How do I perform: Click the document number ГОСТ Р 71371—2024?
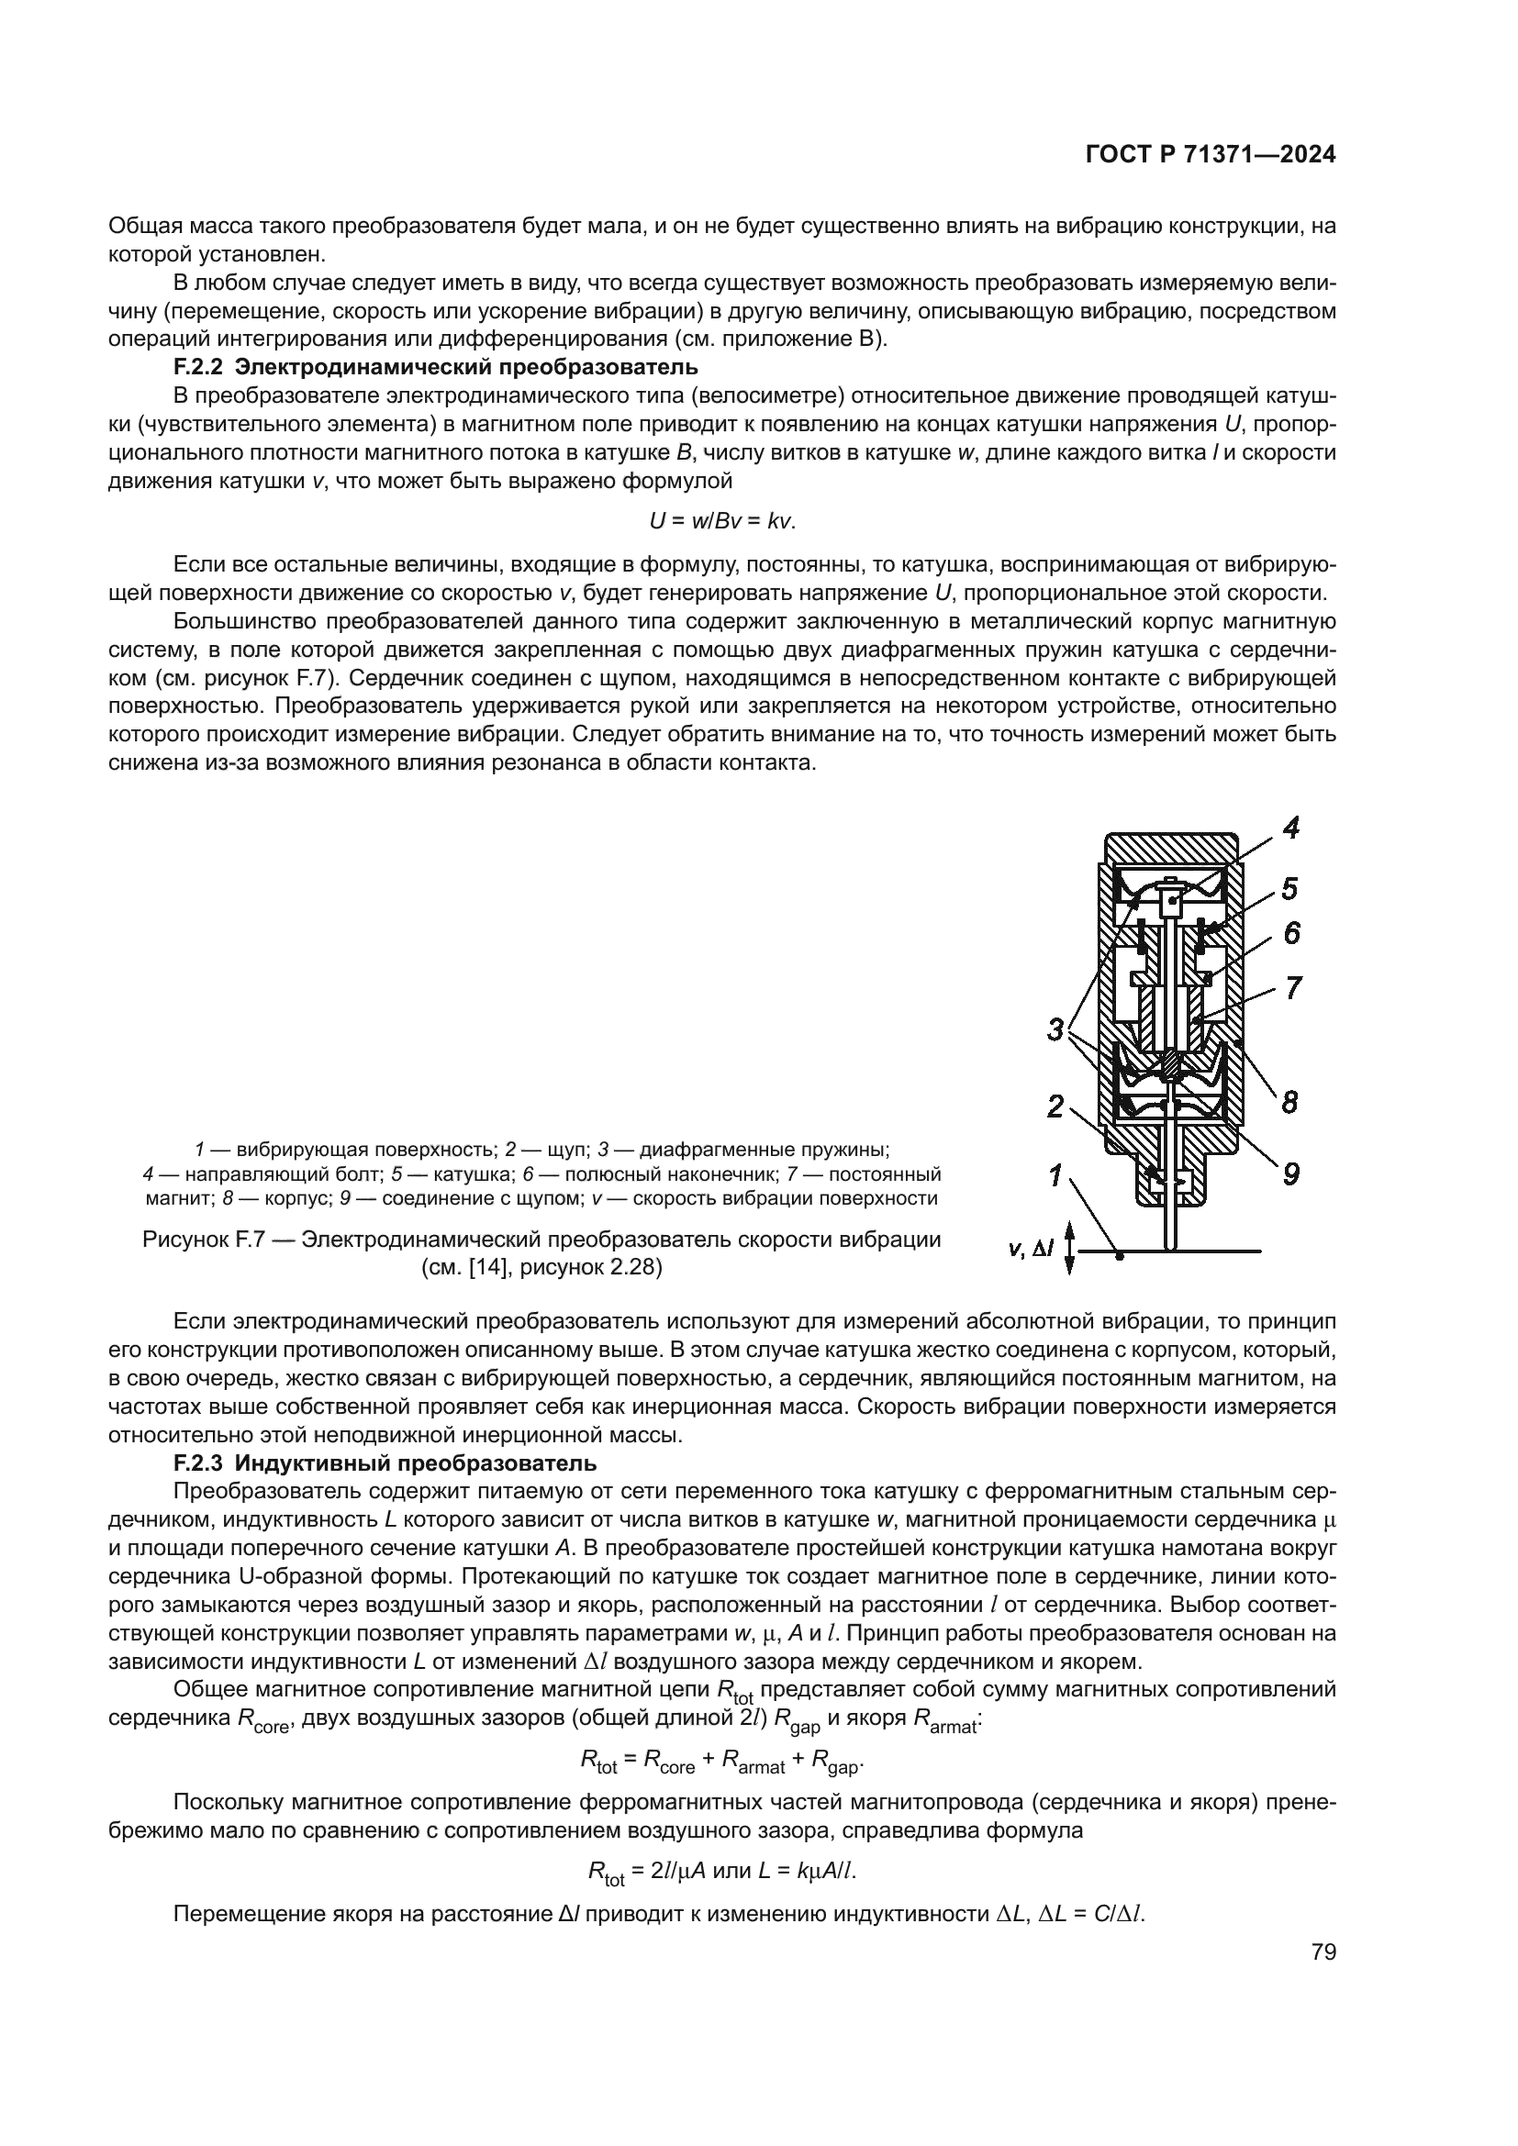coord(1211,155)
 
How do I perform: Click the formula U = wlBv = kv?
coord(722,519)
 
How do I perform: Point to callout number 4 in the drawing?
coord(1291,828)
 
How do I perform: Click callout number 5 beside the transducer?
coord(1289,887)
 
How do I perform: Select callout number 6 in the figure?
coord(1291,933)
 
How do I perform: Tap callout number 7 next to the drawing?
coord(1293,988)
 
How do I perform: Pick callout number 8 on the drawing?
coord(1289,1103)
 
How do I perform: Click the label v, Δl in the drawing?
coord(1031,1248)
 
